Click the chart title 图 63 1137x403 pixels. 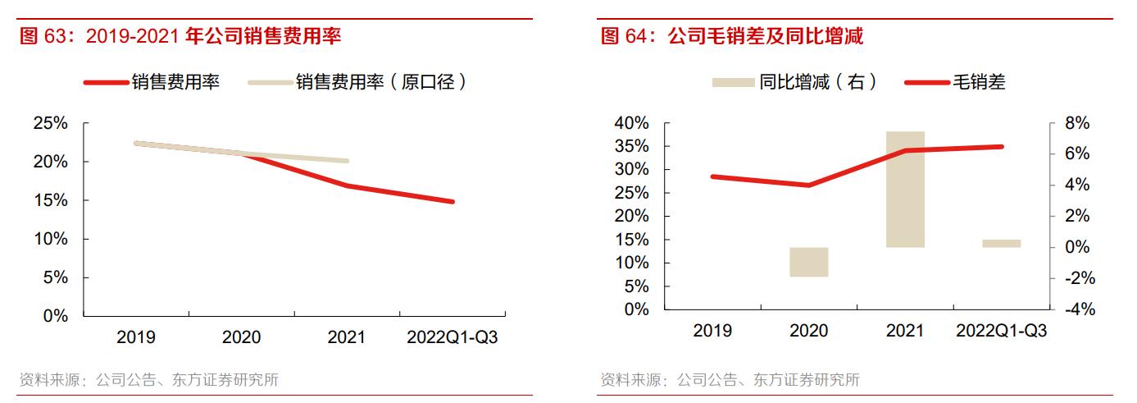(180, 36)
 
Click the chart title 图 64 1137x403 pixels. (732, 36)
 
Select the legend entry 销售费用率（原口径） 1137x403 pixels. (381, 82)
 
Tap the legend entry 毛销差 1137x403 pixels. (978, 82)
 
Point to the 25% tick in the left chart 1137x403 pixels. (51, 123)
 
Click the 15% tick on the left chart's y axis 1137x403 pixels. (51, 200)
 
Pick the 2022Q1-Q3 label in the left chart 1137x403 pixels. (453, 337)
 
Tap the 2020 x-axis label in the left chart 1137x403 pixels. (242, 337)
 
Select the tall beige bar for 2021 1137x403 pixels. (905, 189)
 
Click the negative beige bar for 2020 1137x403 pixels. (809, 262)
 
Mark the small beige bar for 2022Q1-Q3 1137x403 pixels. (1001, 243)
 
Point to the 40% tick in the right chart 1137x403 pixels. (631, 123)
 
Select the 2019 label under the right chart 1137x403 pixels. (712, 331)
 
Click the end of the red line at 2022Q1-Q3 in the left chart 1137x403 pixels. (453, 201)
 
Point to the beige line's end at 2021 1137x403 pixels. (348, 161)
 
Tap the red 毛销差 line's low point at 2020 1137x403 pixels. (809, 185)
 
